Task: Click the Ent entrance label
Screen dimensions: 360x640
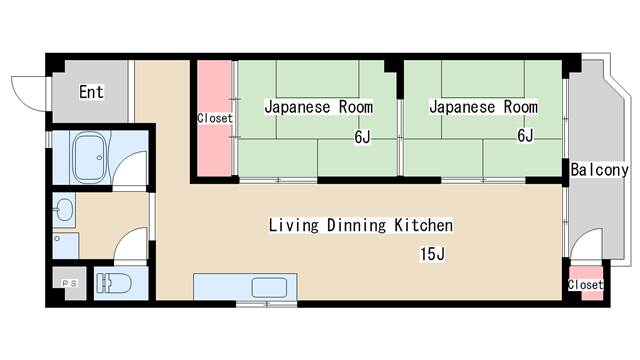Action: coord(91,92)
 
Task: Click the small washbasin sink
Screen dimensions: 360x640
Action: coord(64,210)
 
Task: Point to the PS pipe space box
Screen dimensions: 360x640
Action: coord(69,284)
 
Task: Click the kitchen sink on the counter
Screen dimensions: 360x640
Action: coord(269,287)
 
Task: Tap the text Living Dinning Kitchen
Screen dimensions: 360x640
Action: coord(360,225)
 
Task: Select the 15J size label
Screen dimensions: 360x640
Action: coord(432,254)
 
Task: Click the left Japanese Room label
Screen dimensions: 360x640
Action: coord(318,106)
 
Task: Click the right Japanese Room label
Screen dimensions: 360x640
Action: coord(483,106)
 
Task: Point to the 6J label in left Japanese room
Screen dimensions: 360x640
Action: coord(361,137)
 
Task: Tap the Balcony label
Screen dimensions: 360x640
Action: coord(599,171)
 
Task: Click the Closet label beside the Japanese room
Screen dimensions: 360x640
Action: coord(214,118)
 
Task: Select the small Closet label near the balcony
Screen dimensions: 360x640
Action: coord(585,285)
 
